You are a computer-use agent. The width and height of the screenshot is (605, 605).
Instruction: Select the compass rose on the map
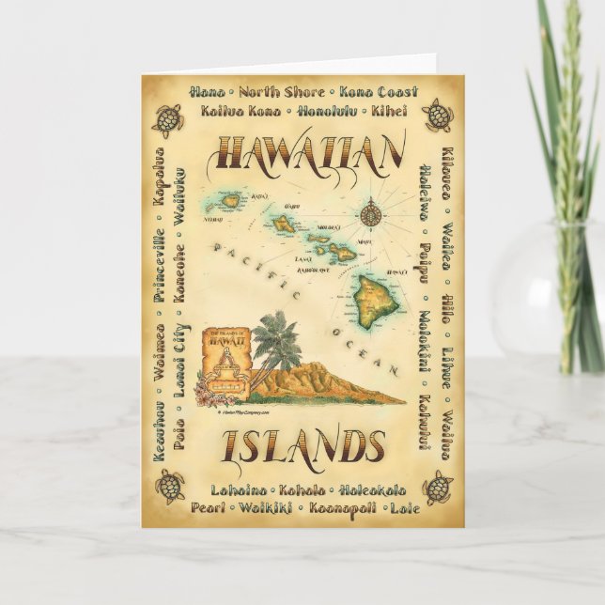(368, 212)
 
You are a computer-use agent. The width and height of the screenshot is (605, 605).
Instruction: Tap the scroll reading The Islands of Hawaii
(224, 349)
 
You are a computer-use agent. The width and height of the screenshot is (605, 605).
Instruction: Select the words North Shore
(281, 92)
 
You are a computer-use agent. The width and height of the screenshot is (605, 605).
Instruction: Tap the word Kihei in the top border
(387, 111)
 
